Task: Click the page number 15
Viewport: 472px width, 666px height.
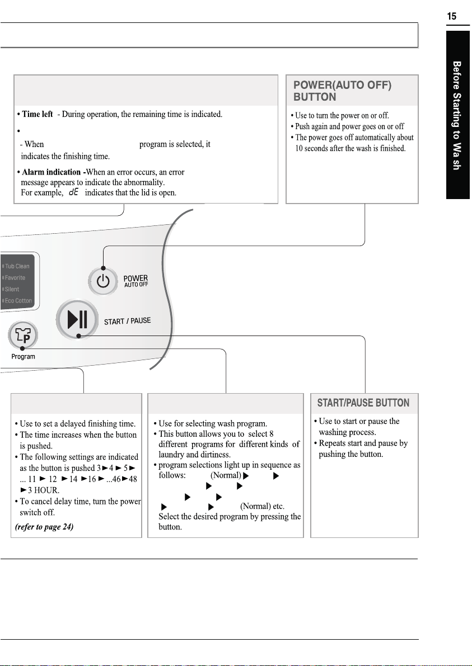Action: tap(452, 16)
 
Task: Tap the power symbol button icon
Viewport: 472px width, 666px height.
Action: tap(103, 281)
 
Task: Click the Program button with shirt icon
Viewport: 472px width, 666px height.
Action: tap(23, 335)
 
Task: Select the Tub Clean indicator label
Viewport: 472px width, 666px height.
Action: tap(17, 266)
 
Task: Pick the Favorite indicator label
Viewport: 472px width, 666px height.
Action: tap(15, 278)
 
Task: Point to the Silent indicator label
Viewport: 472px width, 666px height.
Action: tap(12, 289)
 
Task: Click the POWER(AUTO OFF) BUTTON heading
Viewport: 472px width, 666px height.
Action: tap(342, 91)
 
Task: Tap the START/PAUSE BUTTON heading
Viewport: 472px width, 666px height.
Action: tap(363, 403)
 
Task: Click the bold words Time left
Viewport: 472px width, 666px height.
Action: tap(38, 114)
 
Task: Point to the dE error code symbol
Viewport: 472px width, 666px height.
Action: tap(73, 192)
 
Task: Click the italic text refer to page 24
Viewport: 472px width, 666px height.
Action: tap(44, 527)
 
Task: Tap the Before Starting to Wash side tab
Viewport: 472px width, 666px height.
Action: tap(457, 115)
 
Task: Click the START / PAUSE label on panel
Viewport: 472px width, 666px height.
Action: tap(127, 321)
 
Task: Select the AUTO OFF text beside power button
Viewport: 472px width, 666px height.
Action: tap(136, 285)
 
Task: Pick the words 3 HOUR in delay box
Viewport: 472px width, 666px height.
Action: tap(43, 490)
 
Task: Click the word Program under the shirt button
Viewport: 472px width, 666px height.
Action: tap(23, 357)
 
